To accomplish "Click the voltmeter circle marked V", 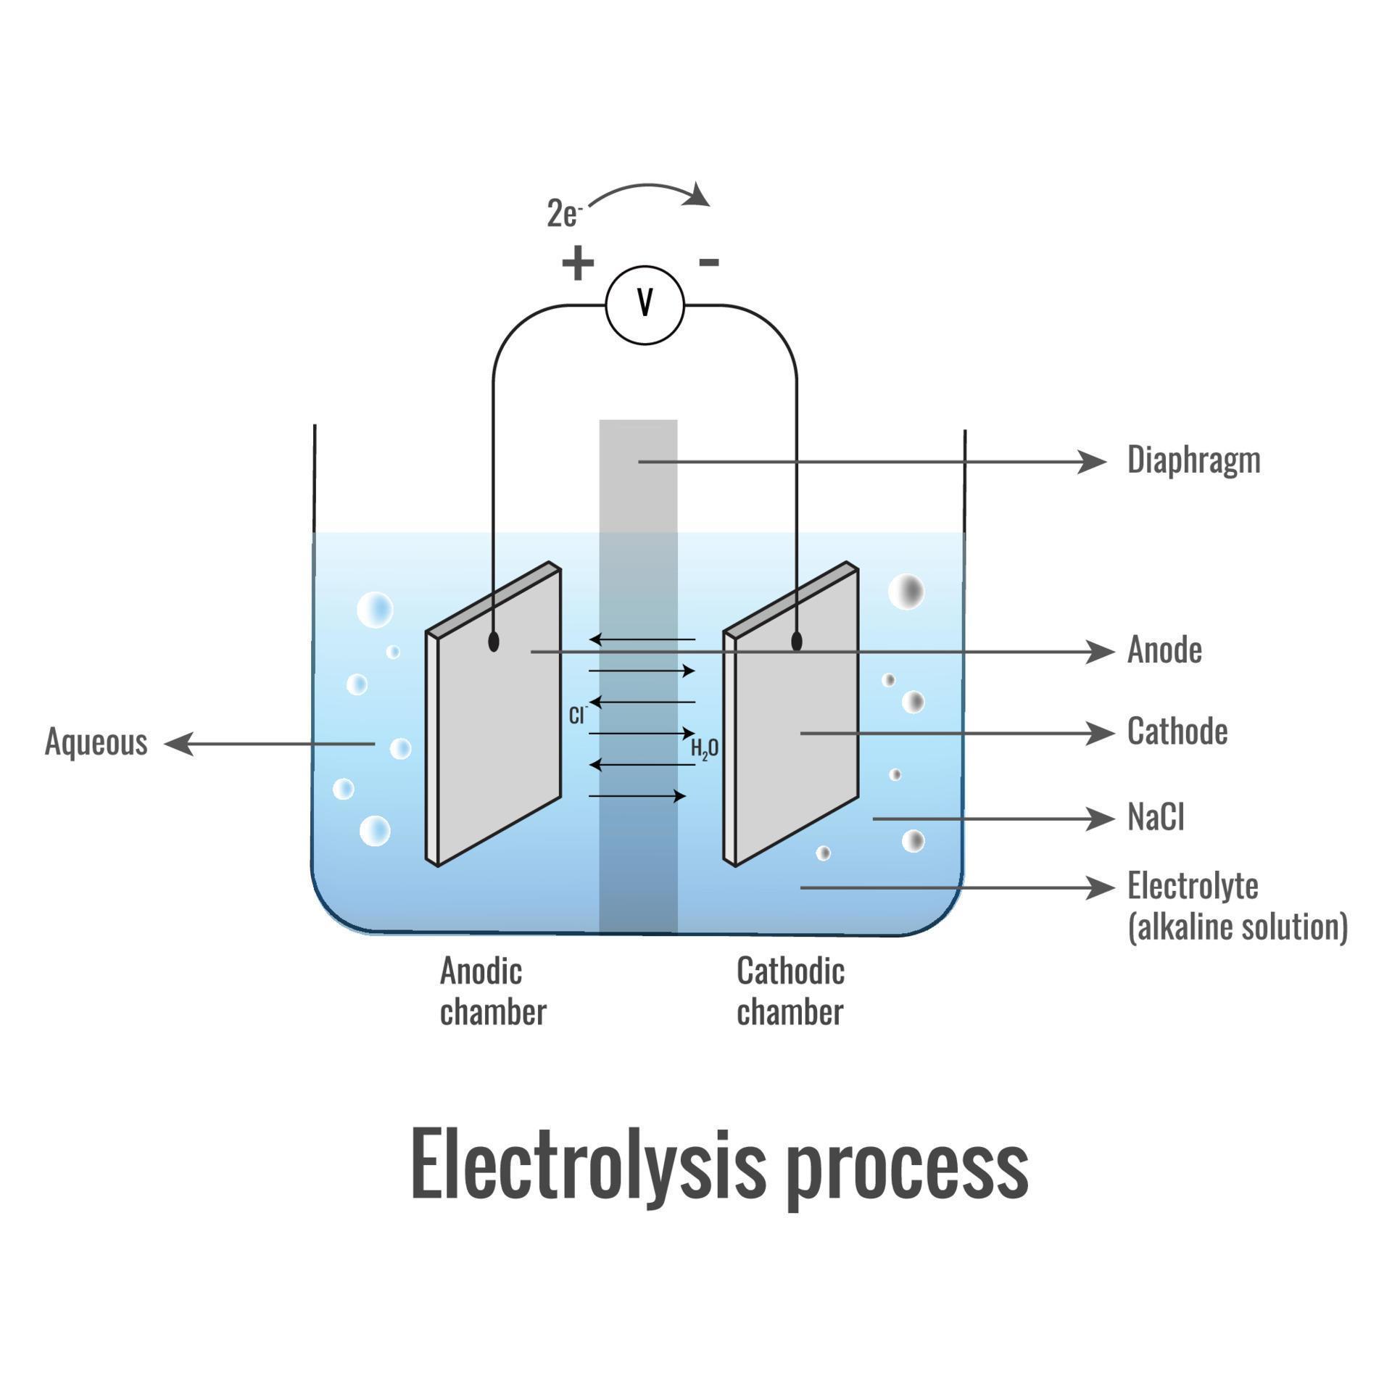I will [645, 305].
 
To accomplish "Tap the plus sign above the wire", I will [578, 262].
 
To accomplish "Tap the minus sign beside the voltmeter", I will [708, 262].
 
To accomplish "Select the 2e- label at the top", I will [563, 214].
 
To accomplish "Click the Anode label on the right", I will [1164, 650].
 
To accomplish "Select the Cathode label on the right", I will [1177, 732].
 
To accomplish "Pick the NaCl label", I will [1156, 818].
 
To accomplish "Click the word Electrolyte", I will [1193, 886].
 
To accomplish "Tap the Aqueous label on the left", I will [96, 742].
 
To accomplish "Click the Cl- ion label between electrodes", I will [577, 716].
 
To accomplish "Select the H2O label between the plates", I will [704, 748].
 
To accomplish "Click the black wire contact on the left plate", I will [494, 642].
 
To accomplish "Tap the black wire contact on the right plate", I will [797, 642].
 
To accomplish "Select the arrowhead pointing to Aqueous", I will [179, 744].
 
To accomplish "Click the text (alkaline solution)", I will [1238, 927].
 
